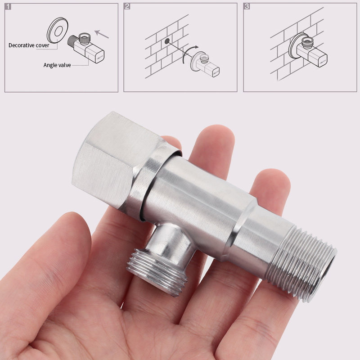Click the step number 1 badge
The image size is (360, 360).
(8, 7)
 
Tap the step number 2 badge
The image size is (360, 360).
(127, 7)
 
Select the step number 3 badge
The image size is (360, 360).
(247, 7)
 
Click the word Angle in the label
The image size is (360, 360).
(50, 65)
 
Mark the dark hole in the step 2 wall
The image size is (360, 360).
(167, 41)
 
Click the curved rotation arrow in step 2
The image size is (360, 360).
(189, 54)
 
